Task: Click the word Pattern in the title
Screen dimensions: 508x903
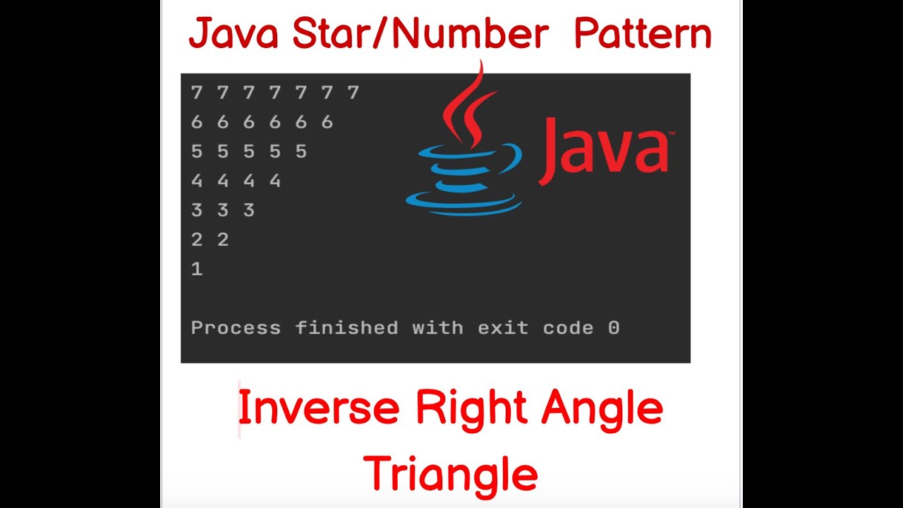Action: click(643, 35)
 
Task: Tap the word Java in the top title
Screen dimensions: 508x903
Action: click(235, 35)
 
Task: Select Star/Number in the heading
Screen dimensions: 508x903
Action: click(420, 35)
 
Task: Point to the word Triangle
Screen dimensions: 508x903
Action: click(451, 473)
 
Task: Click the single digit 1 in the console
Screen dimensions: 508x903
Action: click(197, 269)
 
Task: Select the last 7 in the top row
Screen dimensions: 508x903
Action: click(353, 92)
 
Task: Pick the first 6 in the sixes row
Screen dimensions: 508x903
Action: click(197, 122)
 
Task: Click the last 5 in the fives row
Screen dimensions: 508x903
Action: click(301, 152)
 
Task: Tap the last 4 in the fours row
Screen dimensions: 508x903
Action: click(275, 181)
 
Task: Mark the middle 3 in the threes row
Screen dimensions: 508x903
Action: click(223, 210)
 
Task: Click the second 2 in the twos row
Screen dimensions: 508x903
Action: click(223, 240)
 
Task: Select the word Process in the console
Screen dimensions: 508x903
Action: click(236, 328)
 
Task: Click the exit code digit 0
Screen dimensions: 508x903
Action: click(614, 328)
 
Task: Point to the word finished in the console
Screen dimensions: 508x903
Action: click(346, 328)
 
